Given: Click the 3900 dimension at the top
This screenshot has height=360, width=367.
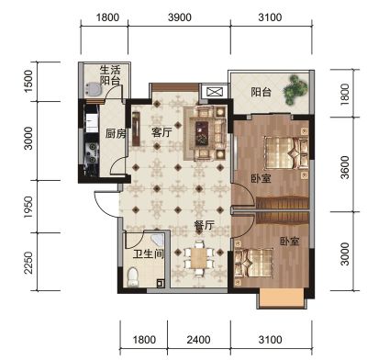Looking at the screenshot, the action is click(x=180, y=17).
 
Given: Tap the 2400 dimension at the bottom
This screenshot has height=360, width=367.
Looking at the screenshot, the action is click(x=198, y=340).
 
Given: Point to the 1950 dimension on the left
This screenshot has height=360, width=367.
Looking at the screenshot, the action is click(x=28, y=208).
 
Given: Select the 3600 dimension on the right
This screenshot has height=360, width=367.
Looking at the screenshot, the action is click(x=345, y=167).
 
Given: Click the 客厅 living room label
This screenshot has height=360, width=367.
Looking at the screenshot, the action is click(x=161, y=133).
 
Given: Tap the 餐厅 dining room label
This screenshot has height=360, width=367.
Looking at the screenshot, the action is click(x=204, y=225).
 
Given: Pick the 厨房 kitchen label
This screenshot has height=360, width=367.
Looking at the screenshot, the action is click(x=116, y=134).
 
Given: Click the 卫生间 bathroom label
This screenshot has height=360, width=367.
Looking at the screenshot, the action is click(x=149, y=253).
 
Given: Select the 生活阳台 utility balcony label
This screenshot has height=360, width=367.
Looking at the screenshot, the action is click(x=110, y=75).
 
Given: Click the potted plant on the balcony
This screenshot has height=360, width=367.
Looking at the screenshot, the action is click(x=295, y=90).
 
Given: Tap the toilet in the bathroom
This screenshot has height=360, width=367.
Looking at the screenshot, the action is click(x=133, y=276).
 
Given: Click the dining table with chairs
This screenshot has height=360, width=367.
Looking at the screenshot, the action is click(x=198, y=258).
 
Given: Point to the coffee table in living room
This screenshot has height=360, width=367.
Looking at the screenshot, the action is click(x=202, y=133).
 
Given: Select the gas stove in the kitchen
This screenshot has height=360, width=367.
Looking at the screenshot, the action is click(x=92, y=152).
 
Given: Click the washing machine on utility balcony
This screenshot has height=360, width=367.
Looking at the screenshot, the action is click(x=93, y=90).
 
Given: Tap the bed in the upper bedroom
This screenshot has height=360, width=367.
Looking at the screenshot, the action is click(x=286, y=152).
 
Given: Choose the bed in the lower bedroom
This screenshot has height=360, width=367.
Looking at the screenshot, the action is click(x=253, y=263).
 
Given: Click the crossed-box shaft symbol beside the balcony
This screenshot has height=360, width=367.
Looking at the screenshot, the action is click(x=214, y=92).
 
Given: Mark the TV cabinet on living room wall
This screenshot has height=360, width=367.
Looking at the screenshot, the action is click(x=136, y=129).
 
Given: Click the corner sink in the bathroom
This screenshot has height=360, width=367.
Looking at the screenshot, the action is click(x=157, y=240).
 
